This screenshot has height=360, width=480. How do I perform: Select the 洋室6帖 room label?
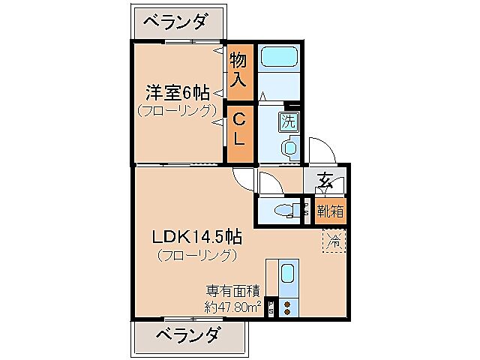pos(177,93)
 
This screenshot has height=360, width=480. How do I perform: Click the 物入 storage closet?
pos(238,70)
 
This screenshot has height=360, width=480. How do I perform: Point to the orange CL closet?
pos(238,129)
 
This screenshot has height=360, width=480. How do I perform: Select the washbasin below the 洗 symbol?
pos(289,148)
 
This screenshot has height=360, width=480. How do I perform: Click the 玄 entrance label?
pos(325,181)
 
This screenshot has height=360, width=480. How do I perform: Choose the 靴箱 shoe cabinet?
pos(329,211)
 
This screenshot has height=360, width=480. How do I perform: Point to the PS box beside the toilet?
pos(306,210)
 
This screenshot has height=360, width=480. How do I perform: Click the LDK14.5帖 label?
pos(196,237)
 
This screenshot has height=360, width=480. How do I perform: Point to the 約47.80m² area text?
pos(232,306)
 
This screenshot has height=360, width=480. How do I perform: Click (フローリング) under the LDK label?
pos(196,255)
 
